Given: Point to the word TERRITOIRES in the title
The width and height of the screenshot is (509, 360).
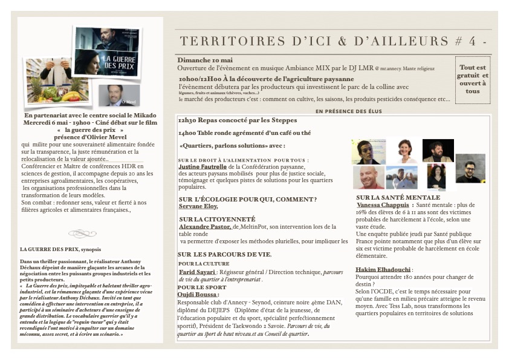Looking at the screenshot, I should (221, 41).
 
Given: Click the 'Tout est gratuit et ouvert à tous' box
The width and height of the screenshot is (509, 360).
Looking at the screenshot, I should (473, 79).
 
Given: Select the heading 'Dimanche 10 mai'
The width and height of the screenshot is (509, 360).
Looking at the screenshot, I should (206, 61).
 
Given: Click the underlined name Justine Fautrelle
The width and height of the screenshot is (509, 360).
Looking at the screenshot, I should (203, 166).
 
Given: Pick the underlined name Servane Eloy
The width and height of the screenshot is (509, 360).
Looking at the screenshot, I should (198, 207).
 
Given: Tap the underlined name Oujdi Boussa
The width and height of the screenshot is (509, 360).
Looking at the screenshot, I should (197, 295).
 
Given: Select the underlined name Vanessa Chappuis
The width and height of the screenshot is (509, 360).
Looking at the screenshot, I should (383, 205).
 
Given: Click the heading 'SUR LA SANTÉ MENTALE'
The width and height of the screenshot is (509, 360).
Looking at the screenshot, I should (398, 197).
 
